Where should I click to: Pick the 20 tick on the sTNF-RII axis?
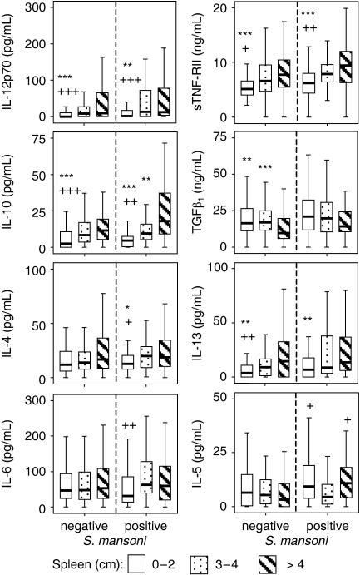(x=221, y=7)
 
